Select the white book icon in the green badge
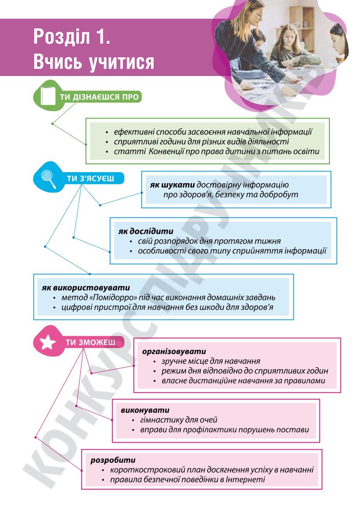48,96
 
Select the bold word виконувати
145,410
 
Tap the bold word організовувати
174,351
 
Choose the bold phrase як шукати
172,185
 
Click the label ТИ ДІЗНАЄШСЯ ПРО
99,97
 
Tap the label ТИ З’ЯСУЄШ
90,178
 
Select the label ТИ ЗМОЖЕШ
90,342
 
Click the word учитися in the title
122,62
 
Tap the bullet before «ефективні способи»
107,132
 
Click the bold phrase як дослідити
146,231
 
